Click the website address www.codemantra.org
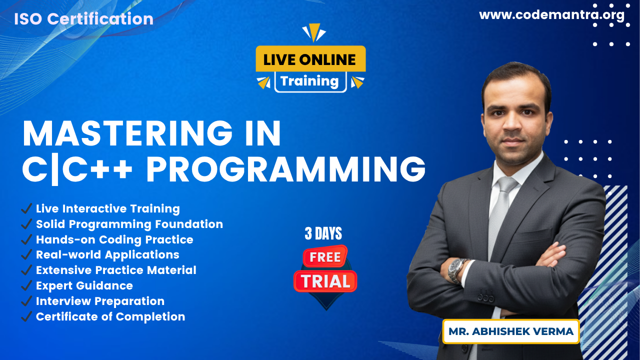coord(551,15)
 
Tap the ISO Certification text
coord(83,19)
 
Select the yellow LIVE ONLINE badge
coord(310,58)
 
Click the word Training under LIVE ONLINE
coord(309,81)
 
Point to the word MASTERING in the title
coord(127,133)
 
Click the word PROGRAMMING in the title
coord(286,169)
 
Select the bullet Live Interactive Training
coord(107,209)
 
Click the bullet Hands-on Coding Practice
coord(114,239)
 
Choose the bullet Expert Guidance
coord(84,285)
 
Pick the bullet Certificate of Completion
coord(110,316)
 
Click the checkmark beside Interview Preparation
coord(26,301)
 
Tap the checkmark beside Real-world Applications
coord(26,254)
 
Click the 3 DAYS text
coord(323,233)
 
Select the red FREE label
coord(325,257)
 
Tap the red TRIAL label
coord(325,281)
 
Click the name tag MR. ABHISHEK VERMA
coord(511,331)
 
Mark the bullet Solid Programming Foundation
coord(129,224)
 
